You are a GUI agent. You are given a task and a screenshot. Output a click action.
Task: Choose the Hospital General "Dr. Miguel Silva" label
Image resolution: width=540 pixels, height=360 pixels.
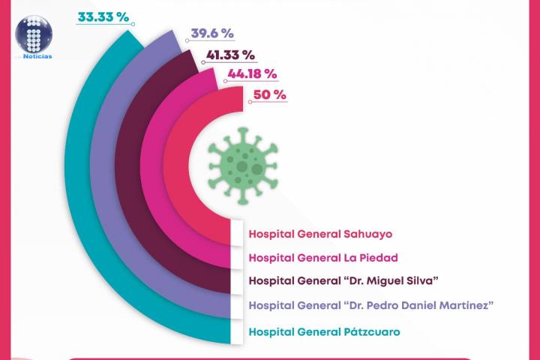pyautogui.click(x=343, y=281)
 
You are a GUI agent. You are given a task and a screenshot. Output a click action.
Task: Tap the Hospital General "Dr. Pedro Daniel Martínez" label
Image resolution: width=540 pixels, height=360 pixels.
pyautogui.click(x=370, y=305)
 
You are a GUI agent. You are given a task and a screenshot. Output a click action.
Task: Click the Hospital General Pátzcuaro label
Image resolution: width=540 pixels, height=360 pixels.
pyautogui.click(x=324, y=331)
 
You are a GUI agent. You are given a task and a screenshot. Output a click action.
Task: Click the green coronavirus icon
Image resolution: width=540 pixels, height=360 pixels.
pyautogui.click(x=241, y=163)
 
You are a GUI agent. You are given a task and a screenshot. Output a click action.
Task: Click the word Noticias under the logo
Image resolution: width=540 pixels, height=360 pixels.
pyautogui.click(x=37, y=55)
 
